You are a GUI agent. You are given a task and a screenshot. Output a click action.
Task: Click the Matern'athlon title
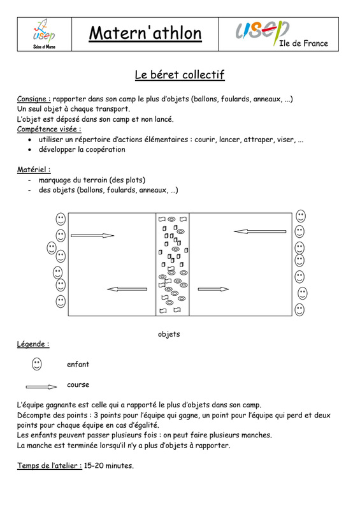(145, 33)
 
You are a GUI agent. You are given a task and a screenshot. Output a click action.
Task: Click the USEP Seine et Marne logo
(44, 34)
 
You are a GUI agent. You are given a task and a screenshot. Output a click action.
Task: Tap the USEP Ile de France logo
(281, 34)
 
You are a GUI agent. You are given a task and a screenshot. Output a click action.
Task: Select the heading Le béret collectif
(180, 75)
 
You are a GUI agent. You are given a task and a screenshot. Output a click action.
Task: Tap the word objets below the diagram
(169, 334)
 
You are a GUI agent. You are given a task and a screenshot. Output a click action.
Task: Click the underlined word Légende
(33, 344)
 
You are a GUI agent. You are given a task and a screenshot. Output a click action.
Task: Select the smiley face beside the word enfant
(37, 364)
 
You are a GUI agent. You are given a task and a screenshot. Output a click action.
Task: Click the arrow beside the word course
(41, 387)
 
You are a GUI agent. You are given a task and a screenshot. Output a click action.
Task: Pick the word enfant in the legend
(78, 364)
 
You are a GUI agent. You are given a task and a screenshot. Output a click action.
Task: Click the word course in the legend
(78, 385)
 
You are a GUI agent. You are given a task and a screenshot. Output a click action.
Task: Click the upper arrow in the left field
(92, 235)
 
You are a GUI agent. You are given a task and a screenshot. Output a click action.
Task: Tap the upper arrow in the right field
(260, 231)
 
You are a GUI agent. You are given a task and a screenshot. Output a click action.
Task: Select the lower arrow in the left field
(127, 289)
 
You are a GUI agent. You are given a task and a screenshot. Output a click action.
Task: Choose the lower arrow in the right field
(213, 289)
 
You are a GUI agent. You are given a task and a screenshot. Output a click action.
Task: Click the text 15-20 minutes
(108, 465)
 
